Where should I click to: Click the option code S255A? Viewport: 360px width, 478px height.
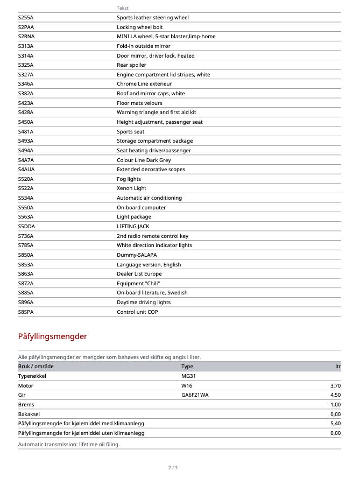click(26, 18)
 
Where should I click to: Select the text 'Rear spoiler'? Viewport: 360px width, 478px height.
click(131, 65)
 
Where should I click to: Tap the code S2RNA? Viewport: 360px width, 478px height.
click(26, 37)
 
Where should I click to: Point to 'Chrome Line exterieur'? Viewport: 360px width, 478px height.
click(144, 84)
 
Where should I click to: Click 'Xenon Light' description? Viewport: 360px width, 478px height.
click(131, 188)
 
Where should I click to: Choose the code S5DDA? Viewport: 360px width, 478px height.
click(26, 227)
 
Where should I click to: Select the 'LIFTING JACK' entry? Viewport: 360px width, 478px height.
click(133, 227)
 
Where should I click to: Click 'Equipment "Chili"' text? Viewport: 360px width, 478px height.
click(138, 284)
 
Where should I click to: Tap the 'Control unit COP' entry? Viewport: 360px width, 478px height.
click(137, 312)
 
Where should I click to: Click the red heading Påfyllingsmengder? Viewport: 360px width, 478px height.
click(53, 337)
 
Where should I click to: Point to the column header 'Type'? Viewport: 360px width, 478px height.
click(187, 367)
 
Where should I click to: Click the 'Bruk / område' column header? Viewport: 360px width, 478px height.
click(36, 367)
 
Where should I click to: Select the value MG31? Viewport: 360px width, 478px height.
click(188, 376)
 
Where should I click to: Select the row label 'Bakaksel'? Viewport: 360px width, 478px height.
click(30, 414)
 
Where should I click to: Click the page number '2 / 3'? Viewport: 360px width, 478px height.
click(173, 468)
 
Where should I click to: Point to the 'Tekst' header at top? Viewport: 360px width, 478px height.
click(123, 8)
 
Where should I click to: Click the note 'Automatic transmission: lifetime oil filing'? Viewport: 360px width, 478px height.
click(68, 445)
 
